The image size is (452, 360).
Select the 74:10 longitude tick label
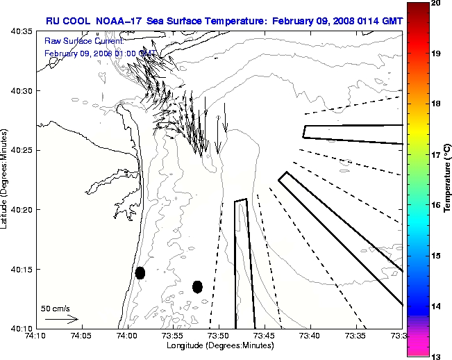(x=35, y=336)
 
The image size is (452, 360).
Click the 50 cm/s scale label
(x=54, y=308)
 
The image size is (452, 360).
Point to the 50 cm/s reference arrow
(x=61, y=319)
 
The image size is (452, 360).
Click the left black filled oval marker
(x=140, y=272)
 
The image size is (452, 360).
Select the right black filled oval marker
(x=197, y=286)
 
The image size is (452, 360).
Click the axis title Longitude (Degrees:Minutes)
(x=218, y=346)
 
